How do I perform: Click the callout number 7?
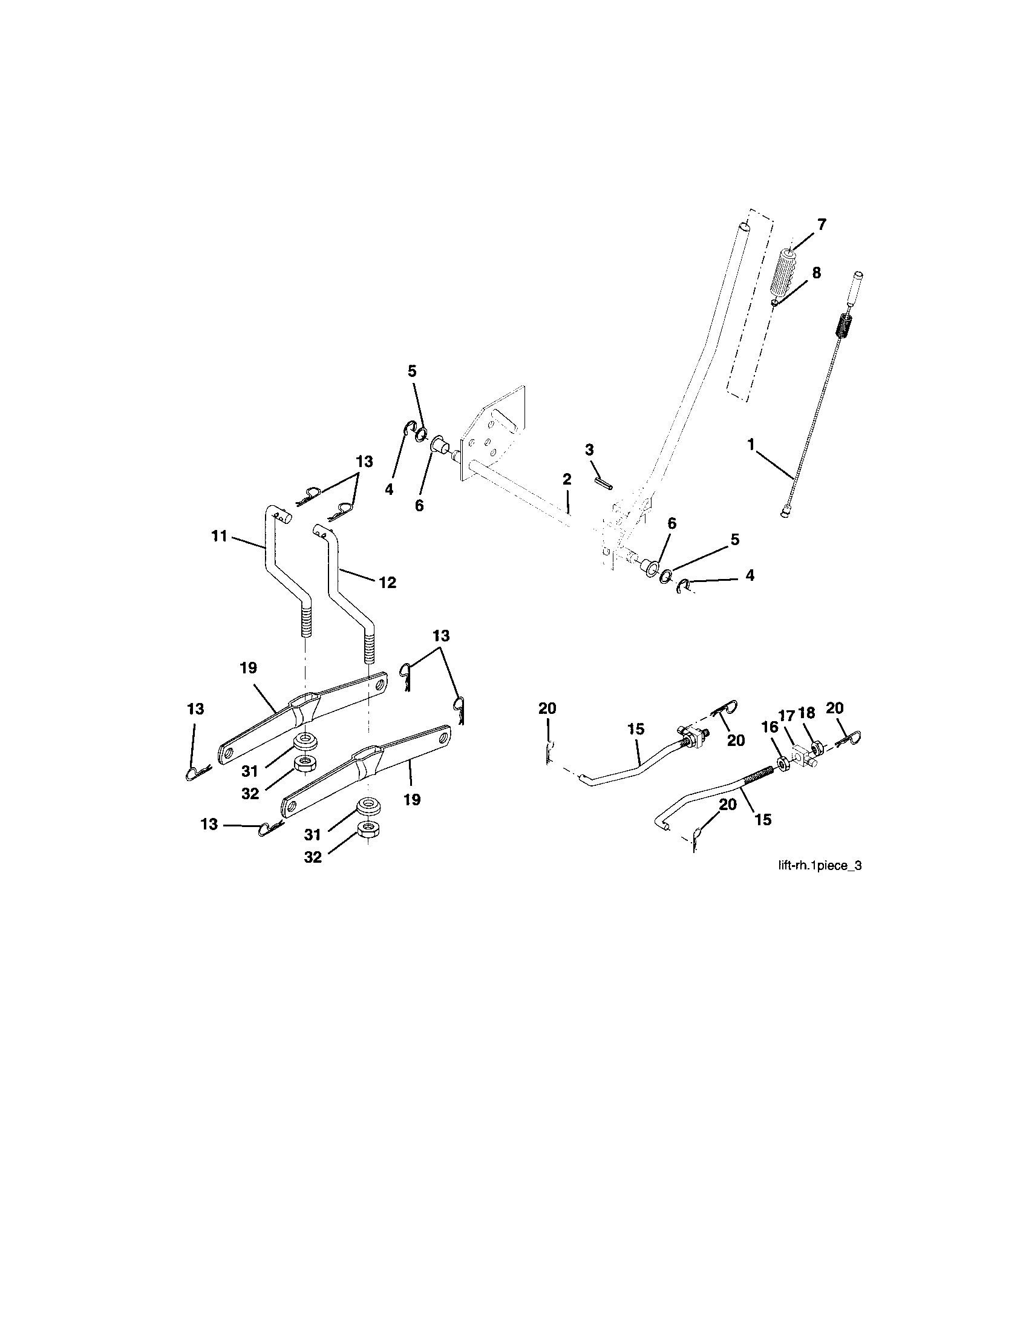[x=822, y=225]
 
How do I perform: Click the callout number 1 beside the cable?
[x=751, y=445]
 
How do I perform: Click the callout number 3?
[x=589, y=450]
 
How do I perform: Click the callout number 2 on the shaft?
[x=567, y=480]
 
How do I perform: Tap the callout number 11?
[x=220, y=536]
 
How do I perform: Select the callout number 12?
[x=388, y=583]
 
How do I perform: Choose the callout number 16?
[x=770, y=727]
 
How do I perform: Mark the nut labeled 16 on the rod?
[x=781, y=764]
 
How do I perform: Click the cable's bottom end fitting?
[x=785, y=514]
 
